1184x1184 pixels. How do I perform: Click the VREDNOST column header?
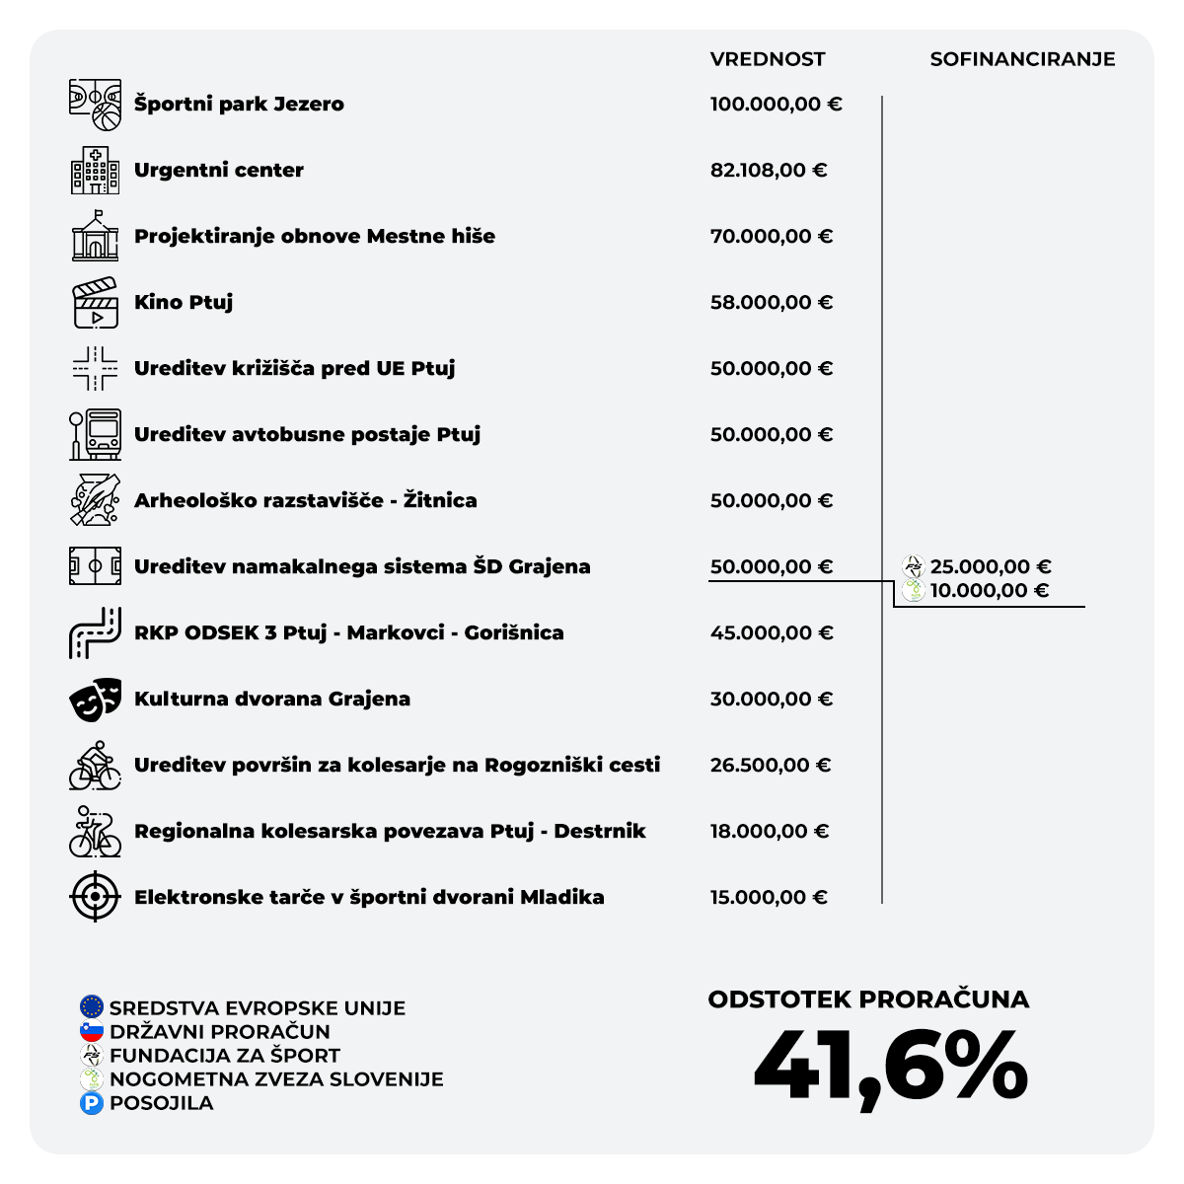point(767,59)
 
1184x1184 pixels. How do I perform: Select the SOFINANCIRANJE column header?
point(1022,59)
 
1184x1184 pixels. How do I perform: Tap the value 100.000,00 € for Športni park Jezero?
point(776,105)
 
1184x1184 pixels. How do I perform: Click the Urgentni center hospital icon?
point(95,170)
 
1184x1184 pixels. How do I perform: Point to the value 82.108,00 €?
point(768,171)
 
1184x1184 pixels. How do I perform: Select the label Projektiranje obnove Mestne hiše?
point(315,237)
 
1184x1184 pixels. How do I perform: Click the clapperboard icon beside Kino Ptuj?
point(95,303)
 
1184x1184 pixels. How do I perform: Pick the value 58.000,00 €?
point(771,303)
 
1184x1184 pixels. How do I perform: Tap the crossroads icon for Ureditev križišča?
point(95,369)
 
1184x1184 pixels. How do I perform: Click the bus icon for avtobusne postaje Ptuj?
point(95,435)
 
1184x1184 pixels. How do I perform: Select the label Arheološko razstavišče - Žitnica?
point(305,501)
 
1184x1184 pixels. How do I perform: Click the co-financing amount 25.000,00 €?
point(990,567)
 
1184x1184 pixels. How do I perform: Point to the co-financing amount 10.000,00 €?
point(989,591)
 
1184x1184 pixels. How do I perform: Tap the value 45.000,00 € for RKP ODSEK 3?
point(771,633)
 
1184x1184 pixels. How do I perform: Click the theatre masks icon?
point(95,700)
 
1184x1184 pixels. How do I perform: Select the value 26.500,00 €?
point(770,766)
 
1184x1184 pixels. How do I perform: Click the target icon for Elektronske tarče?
point(95,897)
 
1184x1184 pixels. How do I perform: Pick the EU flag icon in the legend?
point(92,1007)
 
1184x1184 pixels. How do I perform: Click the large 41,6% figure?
point(890,1067)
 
